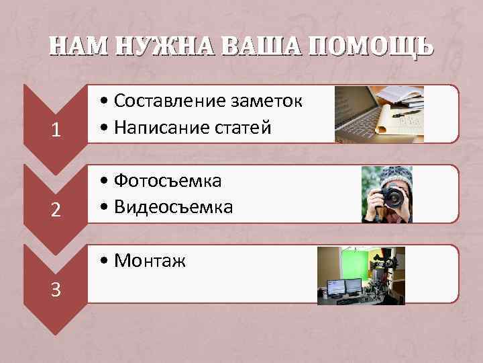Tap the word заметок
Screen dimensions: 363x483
point(267,101)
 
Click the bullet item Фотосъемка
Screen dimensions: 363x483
point(168,181)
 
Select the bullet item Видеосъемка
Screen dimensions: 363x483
point(173,207)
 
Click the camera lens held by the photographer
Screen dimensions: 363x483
point(392,198)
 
